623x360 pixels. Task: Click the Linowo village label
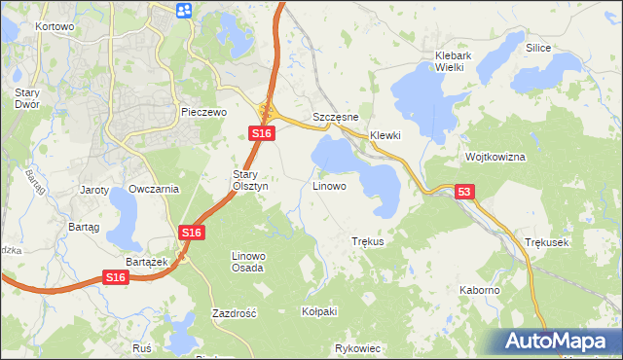tap(328, 185)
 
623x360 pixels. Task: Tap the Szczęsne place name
tap(336, 117)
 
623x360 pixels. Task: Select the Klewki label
tap(385, 135)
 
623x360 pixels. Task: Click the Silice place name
tap(538, 48)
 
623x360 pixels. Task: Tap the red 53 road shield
tap(463, 194)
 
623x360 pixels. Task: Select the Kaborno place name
tap(480, 290)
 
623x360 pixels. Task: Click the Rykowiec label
tap(356, 347)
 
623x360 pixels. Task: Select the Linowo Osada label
tap(247, 262)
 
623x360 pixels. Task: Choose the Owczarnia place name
tap(154, 189)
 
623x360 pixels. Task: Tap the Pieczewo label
tap(203, 113)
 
